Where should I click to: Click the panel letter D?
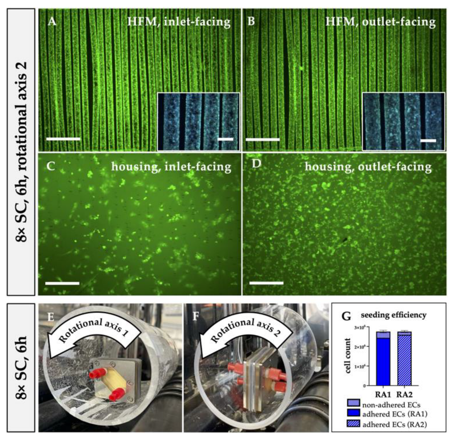click(256, 164)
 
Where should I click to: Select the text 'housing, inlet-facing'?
click(171, 167)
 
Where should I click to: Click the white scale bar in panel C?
click(62, 283)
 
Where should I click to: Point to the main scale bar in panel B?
click(263, 139)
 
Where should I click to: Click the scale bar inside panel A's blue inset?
click(225, 139)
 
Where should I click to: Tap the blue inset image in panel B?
click(403, 121)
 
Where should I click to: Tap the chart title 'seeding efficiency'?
click(393, 315)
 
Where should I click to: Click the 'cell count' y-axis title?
click(348, 356)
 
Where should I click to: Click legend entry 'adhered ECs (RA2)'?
click(394, 424)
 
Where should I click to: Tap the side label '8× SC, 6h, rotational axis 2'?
click(21, 151)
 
